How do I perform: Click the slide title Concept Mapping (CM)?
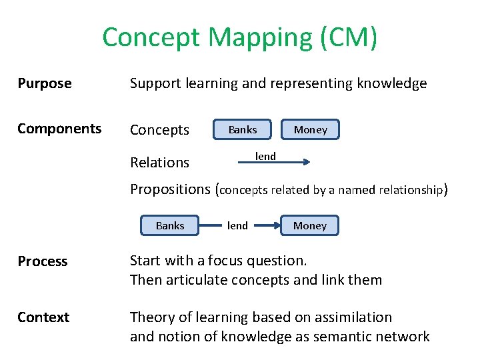240,38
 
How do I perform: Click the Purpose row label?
45,83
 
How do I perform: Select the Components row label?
59,129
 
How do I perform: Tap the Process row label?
43,261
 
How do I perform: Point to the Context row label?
43,317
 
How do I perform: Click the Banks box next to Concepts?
242,129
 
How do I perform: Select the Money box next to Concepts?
311,129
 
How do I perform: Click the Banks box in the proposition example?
170,225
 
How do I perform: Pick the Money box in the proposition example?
310,225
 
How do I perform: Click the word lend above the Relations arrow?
265,156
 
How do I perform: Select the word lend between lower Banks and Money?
237,225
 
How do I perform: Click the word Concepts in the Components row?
159,130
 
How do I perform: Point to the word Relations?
159,162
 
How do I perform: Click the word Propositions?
170,189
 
